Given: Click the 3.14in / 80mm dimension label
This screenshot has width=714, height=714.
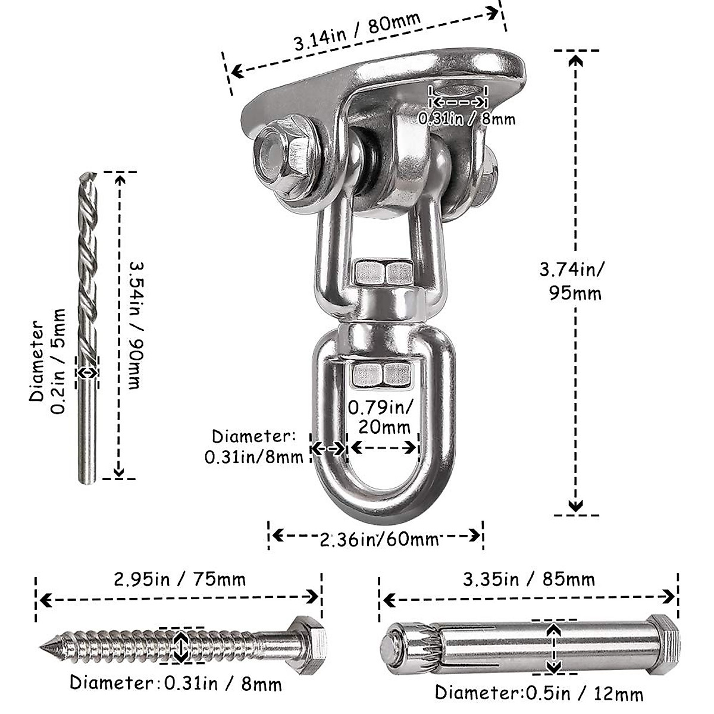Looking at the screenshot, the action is (x=358, y=32).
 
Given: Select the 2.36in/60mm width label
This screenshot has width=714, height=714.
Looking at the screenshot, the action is (x=378, y=540).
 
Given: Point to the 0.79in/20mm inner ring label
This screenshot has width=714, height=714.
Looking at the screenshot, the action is (x=381, y=418).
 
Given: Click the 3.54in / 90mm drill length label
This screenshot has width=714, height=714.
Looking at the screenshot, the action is (x=136, y=325).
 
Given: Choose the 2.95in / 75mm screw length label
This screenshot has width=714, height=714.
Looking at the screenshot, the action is (x=180, y=580).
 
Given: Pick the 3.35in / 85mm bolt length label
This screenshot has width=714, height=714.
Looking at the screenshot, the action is (x=529, y=580).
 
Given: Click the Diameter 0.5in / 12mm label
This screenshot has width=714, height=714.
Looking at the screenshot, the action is (x=540, y=693).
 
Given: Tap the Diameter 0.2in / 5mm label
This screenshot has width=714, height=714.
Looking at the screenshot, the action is (x=48, y=361).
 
